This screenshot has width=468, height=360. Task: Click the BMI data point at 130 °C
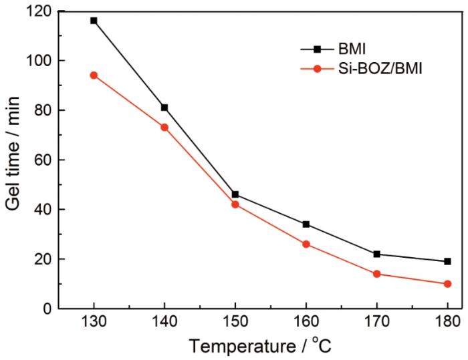94,21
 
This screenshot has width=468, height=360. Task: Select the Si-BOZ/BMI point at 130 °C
94,75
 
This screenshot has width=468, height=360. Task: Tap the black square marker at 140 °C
164,108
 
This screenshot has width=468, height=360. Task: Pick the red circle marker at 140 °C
164,127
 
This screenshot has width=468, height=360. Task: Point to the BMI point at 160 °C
306,224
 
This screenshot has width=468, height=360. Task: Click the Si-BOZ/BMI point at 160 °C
306,244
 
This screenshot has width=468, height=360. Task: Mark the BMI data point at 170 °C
377,254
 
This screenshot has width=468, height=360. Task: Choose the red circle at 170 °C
377,274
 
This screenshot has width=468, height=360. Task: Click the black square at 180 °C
447,261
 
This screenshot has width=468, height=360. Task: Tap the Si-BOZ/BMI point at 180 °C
447,284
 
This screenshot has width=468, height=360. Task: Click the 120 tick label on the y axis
41,11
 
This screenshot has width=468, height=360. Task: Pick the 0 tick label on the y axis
49,309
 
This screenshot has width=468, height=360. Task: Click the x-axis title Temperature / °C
259,347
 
